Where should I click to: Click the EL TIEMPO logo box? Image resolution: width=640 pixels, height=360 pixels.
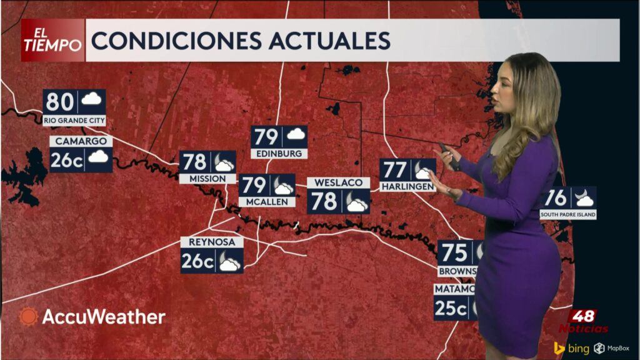(52, 40)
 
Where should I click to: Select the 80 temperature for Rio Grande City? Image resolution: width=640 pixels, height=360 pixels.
(60, 101)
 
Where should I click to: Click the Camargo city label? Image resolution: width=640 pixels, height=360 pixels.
(81, 141)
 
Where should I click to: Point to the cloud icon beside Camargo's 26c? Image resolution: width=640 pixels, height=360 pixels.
(98, 157)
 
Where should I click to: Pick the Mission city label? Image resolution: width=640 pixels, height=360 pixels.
(207, 179)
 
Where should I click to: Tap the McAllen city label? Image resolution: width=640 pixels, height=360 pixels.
(266, 202)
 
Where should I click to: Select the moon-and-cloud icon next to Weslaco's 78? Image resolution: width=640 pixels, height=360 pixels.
(356, 202)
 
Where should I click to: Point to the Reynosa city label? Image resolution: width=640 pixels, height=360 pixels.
(211, 242)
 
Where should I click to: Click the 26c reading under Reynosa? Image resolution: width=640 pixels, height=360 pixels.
(197, 261)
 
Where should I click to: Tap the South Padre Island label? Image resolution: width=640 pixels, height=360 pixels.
(568, 214)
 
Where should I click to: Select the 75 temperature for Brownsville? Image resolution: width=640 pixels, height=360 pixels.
(455, 253)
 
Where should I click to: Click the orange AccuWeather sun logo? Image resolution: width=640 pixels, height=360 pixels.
(28, 317)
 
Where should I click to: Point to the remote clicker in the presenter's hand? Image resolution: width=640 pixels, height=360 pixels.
(446, 151)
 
